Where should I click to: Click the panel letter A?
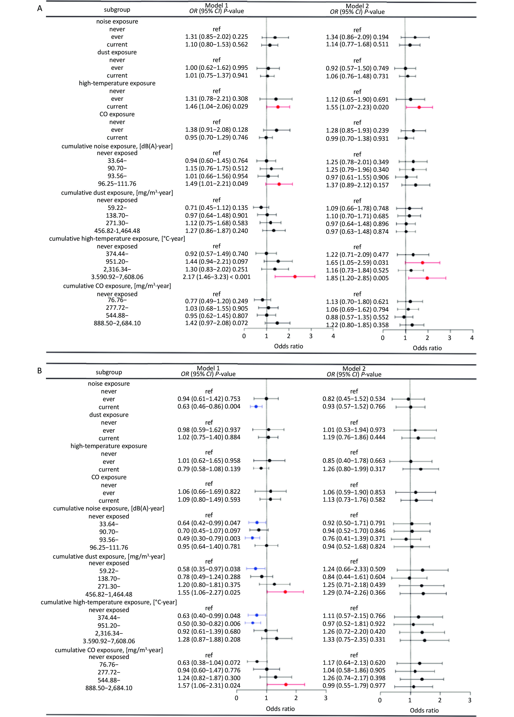[40, 9]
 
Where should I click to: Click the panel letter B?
[40, 371]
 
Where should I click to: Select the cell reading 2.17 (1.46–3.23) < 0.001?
[217, 277]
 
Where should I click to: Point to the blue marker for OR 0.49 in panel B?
[252, 538]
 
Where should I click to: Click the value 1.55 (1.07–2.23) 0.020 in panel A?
[357, 107]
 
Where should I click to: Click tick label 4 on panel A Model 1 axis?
[333, 336]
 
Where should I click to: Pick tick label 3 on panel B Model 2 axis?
[470, 700]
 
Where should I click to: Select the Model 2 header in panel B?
[354, 369]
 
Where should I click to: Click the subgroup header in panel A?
[117, 10]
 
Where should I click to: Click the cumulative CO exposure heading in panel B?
[109, 650]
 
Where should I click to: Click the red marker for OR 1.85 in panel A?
[427, 278]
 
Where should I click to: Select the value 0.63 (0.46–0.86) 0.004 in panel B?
[209, 407]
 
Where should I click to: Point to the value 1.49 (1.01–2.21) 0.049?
[217, 184]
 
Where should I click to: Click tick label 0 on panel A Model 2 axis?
[383, 338]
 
